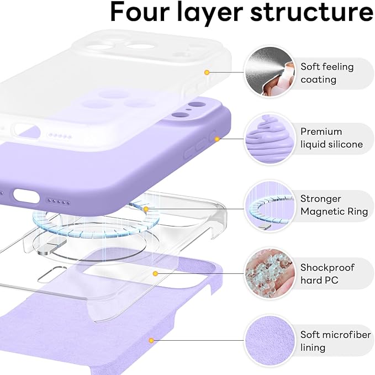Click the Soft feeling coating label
click(x=326, y=73)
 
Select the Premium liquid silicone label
click(x=331, y=138)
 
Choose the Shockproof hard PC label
click(x=328, y=273)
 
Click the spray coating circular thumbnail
click(x=268, y=72)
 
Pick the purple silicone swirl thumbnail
click(x=268, y=138)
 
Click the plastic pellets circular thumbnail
click(x=268, y=273)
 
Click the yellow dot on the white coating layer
click(x=207, y=72)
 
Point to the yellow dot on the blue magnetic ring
click(x=146, y=209)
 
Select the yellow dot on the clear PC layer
click(x=156, y=273)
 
